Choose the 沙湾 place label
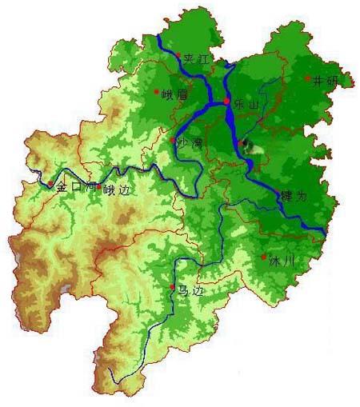[x=189, y=144]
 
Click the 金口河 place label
[x=75, y=187]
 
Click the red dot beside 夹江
[x=178, y=58]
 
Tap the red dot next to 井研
[x=308, y=78]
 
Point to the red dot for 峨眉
[x=157, y=91]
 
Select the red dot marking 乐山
[x=227, y=102]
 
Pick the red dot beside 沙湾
[x=173, y=141]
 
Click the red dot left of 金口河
[x=50, y=185]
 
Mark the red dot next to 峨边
[x=99, y=186]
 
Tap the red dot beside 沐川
[x=264, y=257]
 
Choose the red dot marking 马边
[x=172, y=287]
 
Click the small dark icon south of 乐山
[x=245, y=146]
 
